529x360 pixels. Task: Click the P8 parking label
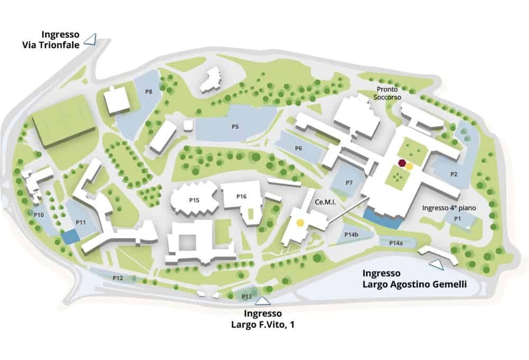[x=149, y=92]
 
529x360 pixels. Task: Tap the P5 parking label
[x=235, y=127]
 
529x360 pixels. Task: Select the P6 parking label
[x=299, y=149]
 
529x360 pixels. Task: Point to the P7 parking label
[x=349, y=183]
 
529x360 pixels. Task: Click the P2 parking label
[x=454, y=174]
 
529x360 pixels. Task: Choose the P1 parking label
[x=457, y=219]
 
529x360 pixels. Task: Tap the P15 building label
[x=194, y=200]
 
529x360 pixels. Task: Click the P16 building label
[x=241, y=197]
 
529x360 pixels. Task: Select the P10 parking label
[x=39, y=215]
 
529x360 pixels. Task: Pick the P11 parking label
[x=81, y=222]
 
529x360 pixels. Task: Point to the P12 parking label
[x=118, y=278]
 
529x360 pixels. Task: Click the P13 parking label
[x=247, y=296]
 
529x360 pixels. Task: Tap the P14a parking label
[x=396, y=243]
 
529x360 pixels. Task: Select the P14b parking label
[x=351, y=235]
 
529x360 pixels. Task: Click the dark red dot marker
[x=402, y=163]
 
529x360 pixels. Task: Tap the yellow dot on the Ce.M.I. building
[x=300, y=223]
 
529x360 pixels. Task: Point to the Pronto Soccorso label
[x=387, y=93]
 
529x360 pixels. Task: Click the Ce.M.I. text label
[x=325, y=202]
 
